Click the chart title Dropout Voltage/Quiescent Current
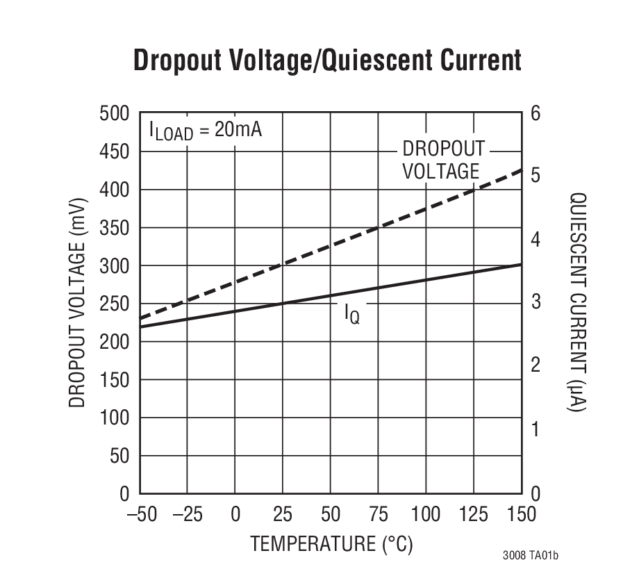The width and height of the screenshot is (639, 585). click(x=327, y=60)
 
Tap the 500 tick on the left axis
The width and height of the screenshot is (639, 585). click(x=115, y=113)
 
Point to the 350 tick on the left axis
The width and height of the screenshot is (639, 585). click(x=115, y=228)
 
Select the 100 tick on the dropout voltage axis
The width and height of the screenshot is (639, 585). click(x=115, y=418)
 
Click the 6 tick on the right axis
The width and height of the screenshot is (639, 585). click(x=536, y=113)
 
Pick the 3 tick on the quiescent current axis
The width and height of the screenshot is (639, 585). click(x=536, y=303)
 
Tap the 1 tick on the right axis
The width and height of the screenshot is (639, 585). click(x=536, y=430)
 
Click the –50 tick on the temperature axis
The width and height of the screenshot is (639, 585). click(x=141, y=515)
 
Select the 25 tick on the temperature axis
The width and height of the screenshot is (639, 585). click(x=282, y=515)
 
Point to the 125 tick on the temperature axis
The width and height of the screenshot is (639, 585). click(x=473, y=515)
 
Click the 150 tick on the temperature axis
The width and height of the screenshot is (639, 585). click(x=520, y=515)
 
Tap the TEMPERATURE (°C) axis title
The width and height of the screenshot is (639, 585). click(x=331, y=544)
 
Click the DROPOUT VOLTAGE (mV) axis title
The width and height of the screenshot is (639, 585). click(x=77, y=304)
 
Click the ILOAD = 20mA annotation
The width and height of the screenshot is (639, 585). click(x=206, y=131)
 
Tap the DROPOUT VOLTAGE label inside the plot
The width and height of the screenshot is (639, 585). click(x=442, y=160)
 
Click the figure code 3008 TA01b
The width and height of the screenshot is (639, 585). click(x=531, y=557)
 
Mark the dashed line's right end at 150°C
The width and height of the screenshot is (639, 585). click(x=521, y=170)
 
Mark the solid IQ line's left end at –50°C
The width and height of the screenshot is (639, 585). click(x=141, y=326)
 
